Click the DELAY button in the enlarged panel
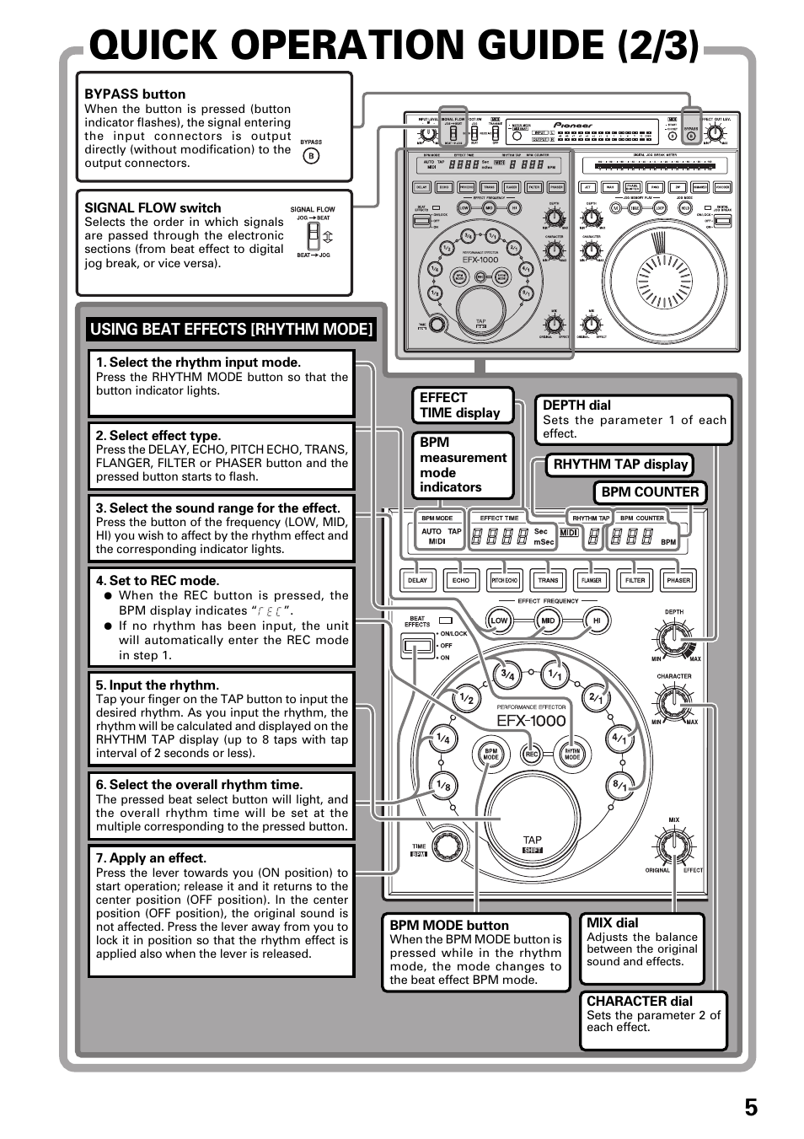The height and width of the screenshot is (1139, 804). (x=417, y=580)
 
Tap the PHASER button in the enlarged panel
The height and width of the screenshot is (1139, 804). (x=678, y=580)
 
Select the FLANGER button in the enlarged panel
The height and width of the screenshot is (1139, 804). (x=592, y=580)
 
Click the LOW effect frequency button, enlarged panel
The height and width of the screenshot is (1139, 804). (x=500, y=621)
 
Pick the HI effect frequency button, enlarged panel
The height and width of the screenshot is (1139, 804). (x=598, y=621)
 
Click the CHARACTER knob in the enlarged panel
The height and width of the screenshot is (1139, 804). (x=674, y=701)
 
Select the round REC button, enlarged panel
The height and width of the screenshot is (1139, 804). (x=532, y=755)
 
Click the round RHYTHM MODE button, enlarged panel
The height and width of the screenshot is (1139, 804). (x=572, y=755)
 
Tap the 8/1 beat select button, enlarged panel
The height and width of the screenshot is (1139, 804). (x=621, y=785)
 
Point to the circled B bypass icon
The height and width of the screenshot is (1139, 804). (x=311, y=156)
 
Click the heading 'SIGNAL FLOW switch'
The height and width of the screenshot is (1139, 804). (x=153, y=208)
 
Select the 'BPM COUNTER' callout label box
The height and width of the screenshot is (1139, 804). (x=650, y=492)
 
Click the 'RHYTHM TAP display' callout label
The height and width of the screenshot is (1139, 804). (x=620, y=465)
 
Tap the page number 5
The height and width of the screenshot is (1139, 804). (x=750, y=1107)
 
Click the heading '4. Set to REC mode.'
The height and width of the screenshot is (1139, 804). (x=158, y=581)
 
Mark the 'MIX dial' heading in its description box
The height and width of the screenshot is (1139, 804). (x=613, y=923)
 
